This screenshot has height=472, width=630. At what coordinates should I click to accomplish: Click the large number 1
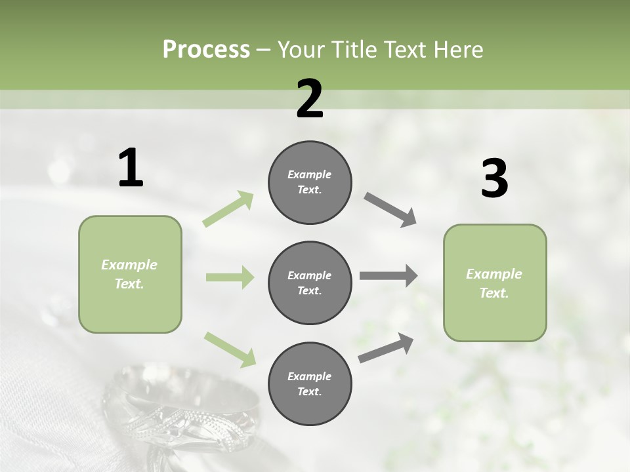tap(131, 168)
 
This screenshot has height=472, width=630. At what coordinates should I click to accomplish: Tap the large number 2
tap(310, 99)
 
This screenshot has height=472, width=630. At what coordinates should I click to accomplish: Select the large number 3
tap(494, 178)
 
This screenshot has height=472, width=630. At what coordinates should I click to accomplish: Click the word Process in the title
tap(206, 49)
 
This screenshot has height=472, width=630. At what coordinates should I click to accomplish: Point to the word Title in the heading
tap(354, 49)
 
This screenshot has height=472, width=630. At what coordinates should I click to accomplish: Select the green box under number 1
tap(130, 274)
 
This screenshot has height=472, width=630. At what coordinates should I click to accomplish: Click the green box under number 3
tap(495, 283)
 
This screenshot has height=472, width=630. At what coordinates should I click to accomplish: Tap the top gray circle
tap(310, 182)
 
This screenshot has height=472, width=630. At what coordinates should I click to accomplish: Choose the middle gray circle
tap(310, 283)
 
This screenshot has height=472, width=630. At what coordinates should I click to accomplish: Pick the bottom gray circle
tap(310, 383)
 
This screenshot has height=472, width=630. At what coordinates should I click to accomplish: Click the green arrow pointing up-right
tap(228, 209)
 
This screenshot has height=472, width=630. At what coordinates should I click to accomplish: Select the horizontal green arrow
tap(230, 277)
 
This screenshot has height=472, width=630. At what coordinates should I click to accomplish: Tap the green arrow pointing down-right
tap(230, 349)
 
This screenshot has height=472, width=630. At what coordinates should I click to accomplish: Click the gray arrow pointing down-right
tap(390, 210)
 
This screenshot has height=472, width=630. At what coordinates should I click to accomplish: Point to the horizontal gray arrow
tap(388, 276)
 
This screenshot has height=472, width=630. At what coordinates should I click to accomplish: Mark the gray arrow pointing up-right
tap(386, 347)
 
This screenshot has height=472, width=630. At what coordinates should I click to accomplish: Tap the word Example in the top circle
tap(310, 174)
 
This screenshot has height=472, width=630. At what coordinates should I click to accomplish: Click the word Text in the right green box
tap(494, 293)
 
